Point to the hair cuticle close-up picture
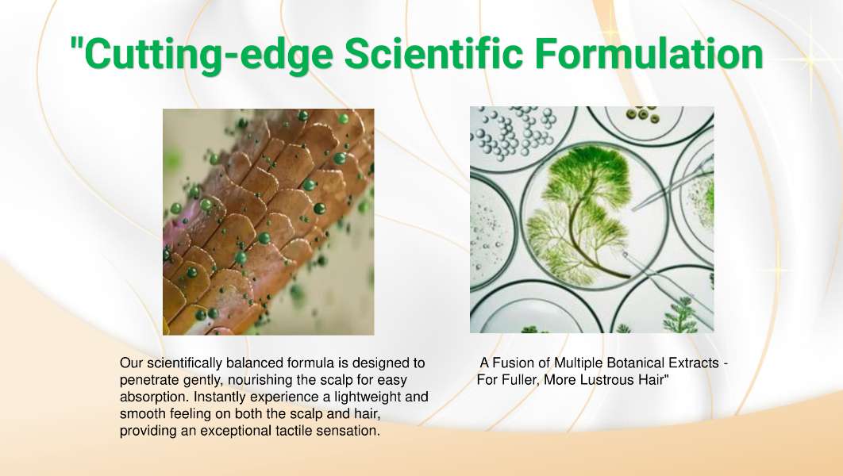coord(268,222)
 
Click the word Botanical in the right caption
coord(634,363)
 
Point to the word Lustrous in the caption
coord(610,380)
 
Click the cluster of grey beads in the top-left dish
coord(513,132)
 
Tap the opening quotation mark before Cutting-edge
coord(76,44)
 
